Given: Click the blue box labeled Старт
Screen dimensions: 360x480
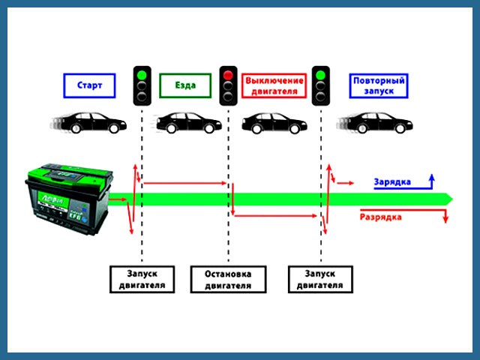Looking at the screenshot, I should pos(89,86).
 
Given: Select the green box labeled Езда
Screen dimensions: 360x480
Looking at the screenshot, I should pos(184,86).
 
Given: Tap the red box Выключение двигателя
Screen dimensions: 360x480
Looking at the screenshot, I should pos(274,86).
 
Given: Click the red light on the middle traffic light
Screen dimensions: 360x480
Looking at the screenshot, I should pos(229,74).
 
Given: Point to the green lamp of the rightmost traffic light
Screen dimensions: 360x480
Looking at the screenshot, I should pos(322,74).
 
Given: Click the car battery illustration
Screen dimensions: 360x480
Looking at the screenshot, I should pos(70,199).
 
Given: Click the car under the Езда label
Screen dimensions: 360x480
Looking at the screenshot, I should pos(187,123).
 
